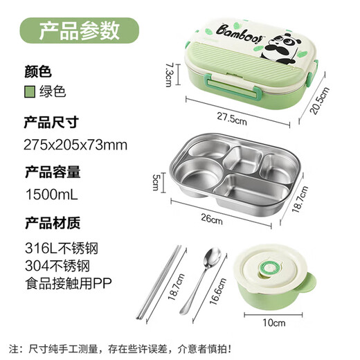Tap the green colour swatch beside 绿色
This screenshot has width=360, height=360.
30,91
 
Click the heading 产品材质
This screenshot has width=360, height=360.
52,222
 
